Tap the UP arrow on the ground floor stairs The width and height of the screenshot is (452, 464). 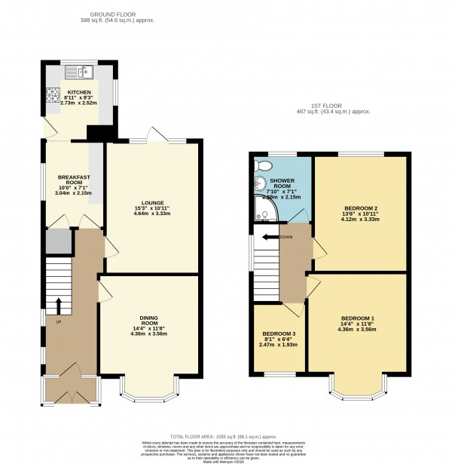(x=58, y=304)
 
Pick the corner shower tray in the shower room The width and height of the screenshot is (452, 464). (x=264, y=214)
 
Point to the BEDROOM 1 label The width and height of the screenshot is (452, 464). (x=353, y=318)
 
